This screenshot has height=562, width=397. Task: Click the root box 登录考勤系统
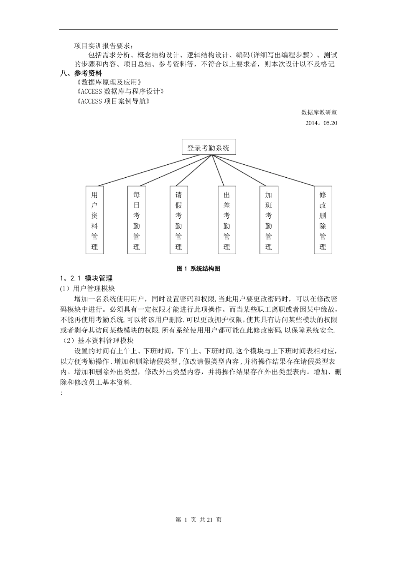click(x=209, y=148)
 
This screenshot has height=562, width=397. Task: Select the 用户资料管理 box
click(x=94, y=220)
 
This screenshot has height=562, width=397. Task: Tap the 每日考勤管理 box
click(x=136, y=220)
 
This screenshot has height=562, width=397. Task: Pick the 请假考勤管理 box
click(x=179, y=220)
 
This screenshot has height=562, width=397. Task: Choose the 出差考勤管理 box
click(x=227, y=220)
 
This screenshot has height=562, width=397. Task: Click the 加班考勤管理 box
click(x=269, y=220)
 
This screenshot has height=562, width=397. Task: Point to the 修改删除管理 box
click(x=323, y=220)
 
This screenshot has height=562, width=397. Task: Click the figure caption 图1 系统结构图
click(x=198, y=269)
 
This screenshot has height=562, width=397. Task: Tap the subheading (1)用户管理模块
click(x=88, y=289)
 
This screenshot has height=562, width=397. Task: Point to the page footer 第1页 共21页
click(x=198, y=520)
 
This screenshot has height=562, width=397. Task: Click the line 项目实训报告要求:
click(x=105, y=46)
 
